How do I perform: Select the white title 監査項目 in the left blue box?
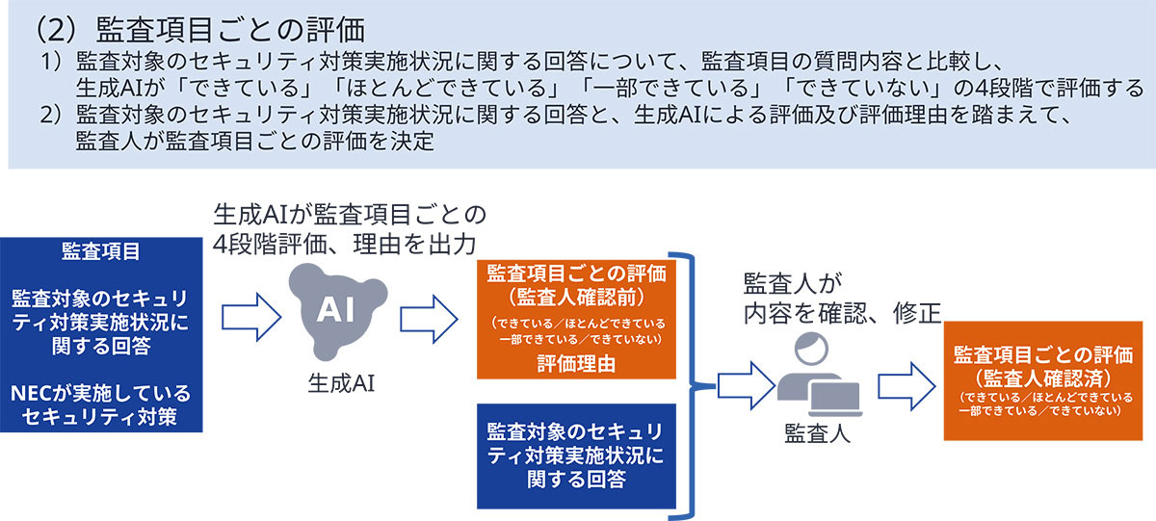[101, 251]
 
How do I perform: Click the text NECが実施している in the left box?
[102, 394]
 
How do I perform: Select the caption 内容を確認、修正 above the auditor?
[841, 312]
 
